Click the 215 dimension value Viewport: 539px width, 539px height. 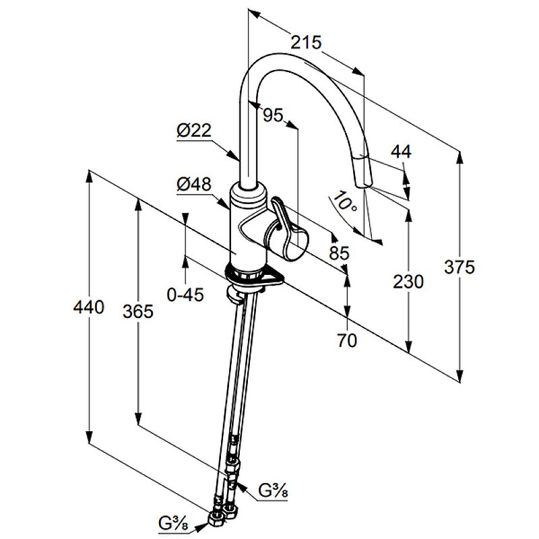306,42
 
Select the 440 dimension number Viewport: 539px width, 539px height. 90,308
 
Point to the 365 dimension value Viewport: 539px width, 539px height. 138,311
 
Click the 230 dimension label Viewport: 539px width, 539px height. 408,281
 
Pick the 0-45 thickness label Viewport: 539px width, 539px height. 185,294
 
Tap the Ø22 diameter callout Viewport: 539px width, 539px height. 194,132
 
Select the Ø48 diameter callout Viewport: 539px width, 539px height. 194,184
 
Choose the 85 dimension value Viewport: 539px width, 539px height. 339,253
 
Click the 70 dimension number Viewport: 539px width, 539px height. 346,341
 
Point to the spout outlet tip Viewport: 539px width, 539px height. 362,181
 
